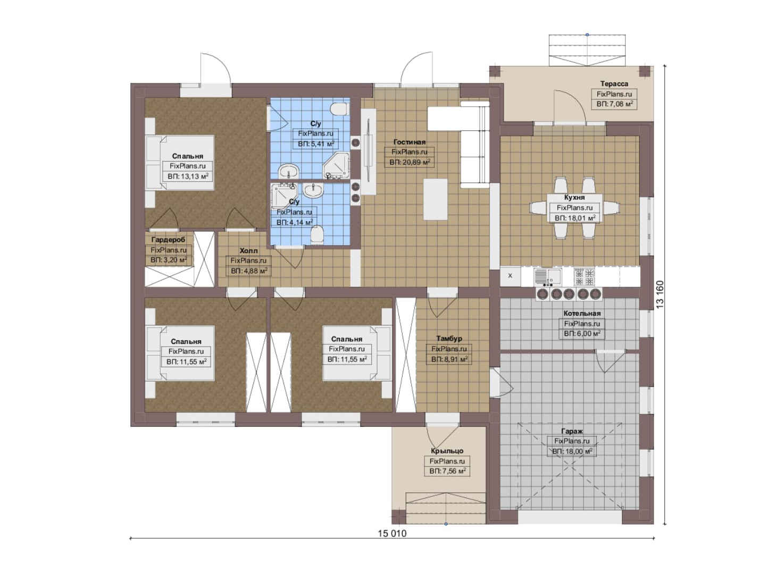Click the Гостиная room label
[x=409, y=142]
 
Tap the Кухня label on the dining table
[x=574, y=197]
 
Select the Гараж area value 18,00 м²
[x=572, y=451]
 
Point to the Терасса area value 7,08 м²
[x=614, y=104]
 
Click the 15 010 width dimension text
[x=392, y=534]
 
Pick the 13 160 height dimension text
[x=660, y=294]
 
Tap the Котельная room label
[x=582, y=314]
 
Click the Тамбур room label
[x=449, y=338]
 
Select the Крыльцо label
[x=447, y=451]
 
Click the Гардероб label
[x=168, y=240]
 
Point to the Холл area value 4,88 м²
[x=249, y=271]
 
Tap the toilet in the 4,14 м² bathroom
[x=317, y=234]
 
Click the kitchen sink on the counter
[x=548, y=276]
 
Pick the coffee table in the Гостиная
[x=436, y=199]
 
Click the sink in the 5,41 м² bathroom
[x=289, y=172]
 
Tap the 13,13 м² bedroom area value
[x=188, y=176]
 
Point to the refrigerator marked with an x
[x=510, y=276]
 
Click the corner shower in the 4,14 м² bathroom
[x=283, y=196]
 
